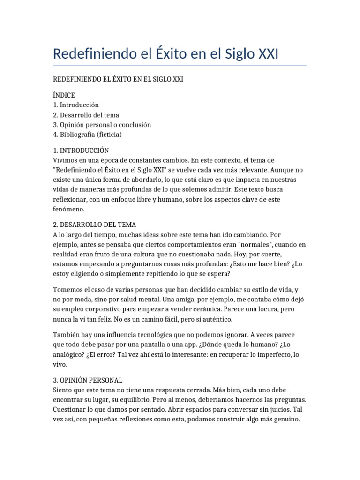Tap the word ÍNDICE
[x=64, y=95]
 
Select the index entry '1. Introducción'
[x=76, y=105]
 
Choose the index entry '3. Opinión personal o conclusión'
[x=102, y=125]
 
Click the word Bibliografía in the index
[x=76, y=135]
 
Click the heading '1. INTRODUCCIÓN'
[x=81, y=150]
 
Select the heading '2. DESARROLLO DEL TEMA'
[x=94, y=225]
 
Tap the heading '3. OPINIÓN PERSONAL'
[x=88, y=380]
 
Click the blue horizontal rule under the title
[x=180, y=66]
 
